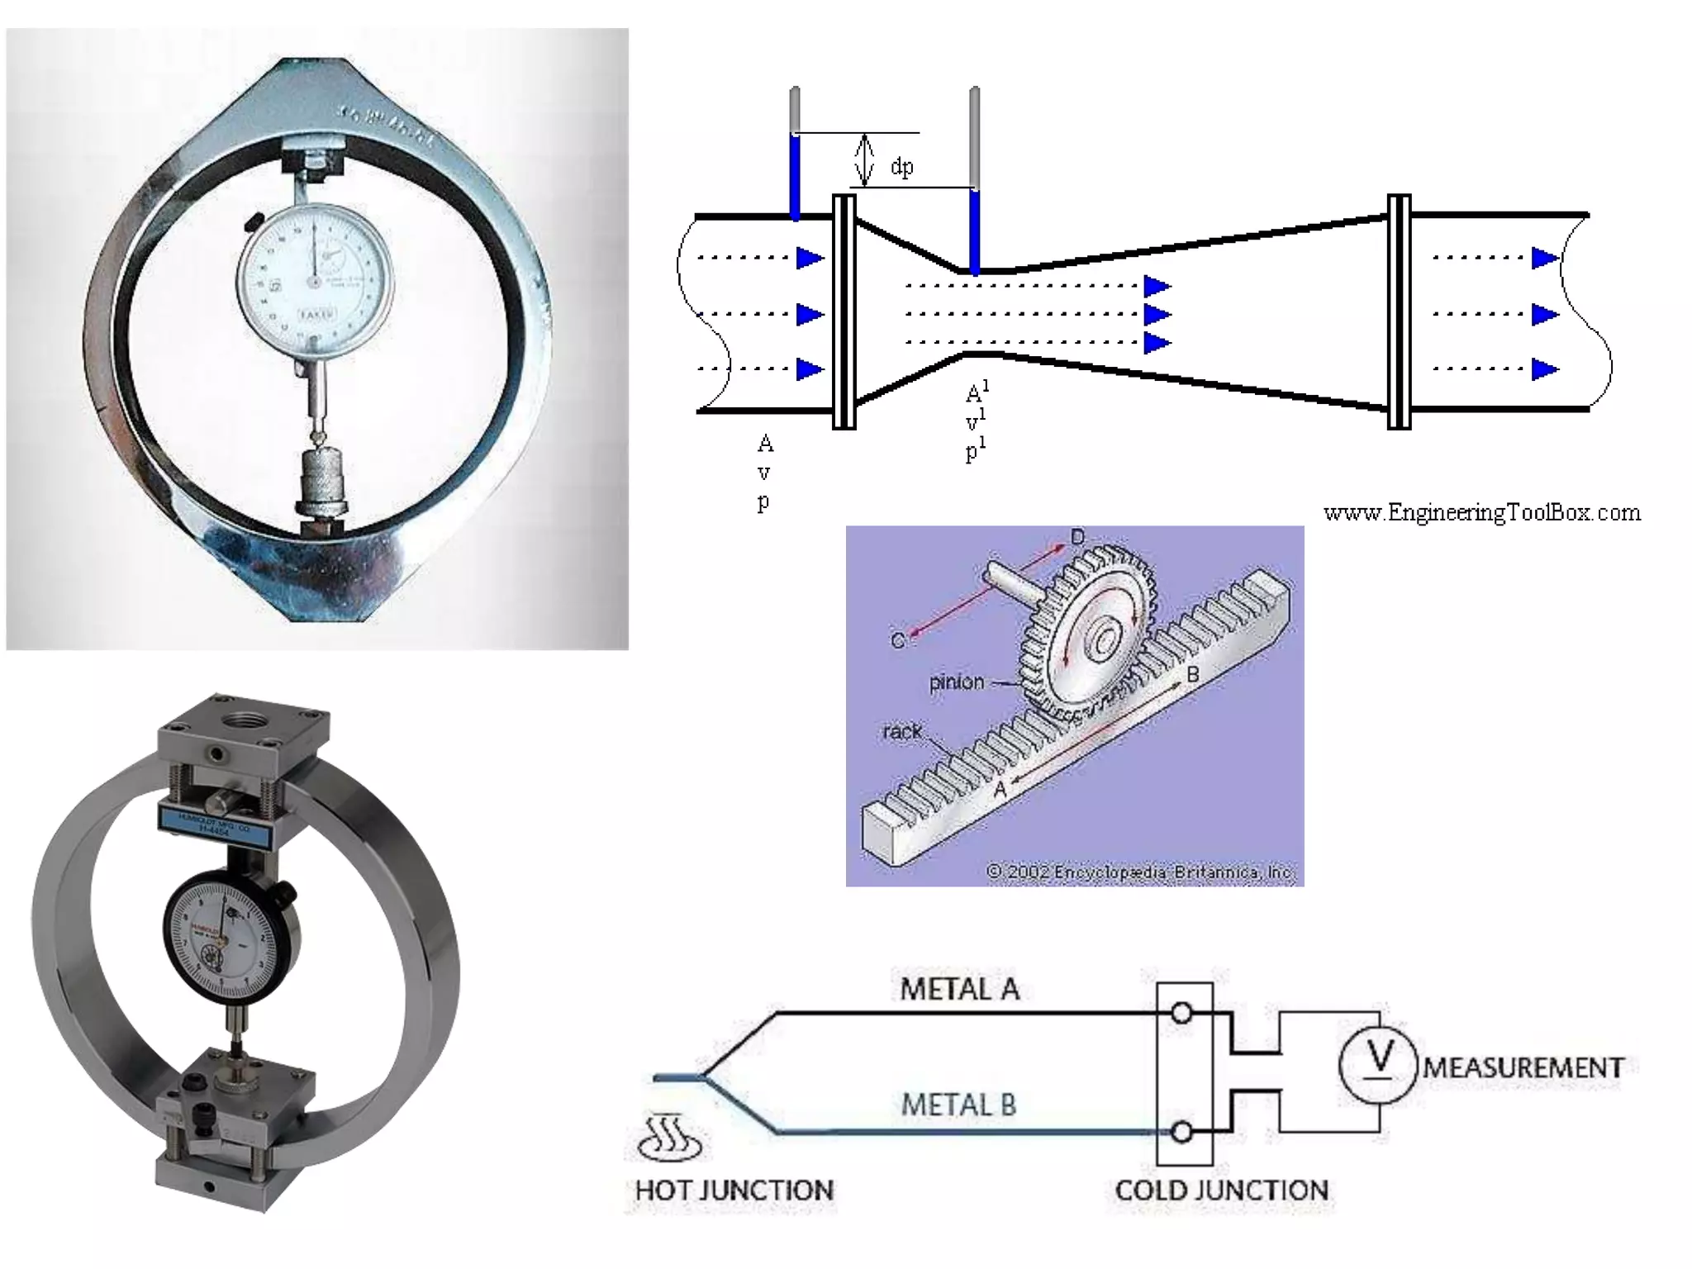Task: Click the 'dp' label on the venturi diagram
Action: pos(902,167)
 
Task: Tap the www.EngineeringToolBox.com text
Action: pos(1481,513)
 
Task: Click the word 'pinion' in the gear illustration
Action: pos(957,682)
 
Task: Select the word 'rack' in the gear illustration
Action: pos(901,732)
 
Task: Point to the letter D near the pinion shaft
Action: pos(1077,538)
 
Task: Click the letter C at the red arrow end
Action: pos(897,640)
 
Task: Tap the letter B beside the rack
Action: pos(1192,675)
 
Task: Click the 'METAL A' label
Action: pos(959,989)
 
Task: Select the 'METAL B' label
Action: pos(958,1105)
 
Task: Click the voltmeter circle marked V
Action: pos(1378,1064)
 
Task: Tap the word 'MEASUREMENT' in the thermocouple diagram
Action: pos(1523,1067)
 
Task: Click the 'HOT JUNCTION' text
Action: pos(734,1191)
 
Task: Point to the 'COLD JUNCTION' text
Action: pos(1221,1191)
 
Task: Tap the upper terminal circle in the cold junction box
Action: pos(1181,1013)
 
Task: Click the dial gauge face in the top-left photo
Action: pos(314,281)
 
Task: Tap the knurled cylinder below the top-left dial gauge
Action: pos(321,491)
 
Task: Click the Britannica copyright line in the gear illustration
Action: pos(1140,872)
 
